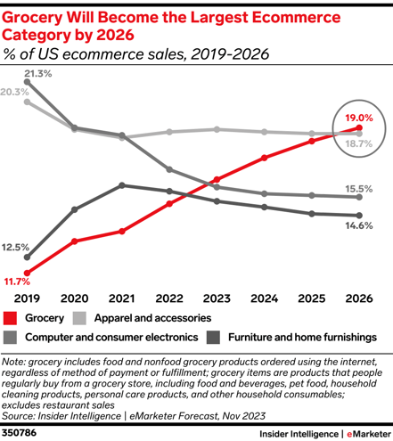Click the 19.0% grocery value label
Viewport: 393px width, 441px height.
[x=359, y=118]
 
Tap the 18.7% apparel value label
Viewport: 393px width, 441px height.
[x=359, y=143]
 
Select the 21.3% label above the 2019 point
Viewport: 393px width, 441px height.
[x=38, y=74]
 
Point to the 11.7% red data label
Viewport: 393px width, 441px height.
[x=17, y=282]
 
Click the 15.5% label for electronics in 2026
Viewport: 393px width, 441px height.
[x=359, y=189]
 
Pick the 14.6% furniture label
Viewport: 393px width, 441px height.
[x=359, y=225]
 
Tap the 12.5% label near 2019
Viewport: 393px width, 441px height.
[x=15, y=247]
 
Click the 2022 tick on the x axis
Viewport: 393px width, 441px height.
[x=169, y=298]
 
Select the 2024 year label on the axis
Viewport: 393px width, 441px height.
[x=264, y=298]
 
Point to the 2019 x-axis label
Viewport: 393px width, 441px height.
[x=27, y=298]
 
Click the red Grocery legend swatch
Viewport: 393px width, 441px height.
[x=10, y=318]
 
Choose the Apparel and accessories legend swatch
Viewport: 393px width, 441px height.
[x=79, y=318]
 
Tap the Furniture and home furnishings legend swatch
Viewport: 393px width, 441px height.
[x=213, y=338]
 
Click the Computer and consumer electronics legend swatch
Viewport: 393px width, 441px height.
[x=10, y=338]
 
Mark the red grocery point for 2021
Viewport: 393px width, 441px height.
[x=122, y=231]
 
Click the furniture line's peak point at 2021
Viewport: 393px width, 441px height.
[x=122, y=185]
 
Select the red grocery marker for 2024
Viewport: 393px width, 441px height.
[x=264, y=158]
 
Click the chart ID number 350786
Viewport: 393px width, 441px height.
[x=19, y=433]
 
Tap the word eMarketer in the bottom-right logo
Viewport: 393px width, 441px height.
[x=369, y=434]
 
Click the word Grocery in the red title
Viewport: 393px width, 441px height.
[x=32, y=18]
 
